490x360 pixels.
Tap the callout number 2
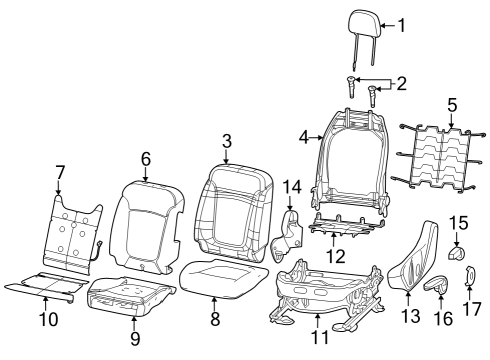[x=401, y=84]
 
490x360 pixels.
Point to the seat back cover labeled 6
[x=142, y=226]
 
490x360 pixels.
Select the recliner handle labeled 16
[x=436, y=287]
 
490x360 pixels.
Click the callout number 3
[x=227, y=140]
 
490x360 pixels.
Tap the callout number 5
[x=452, y=104]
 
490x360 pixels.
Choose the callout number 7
[x=60, y=172]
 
